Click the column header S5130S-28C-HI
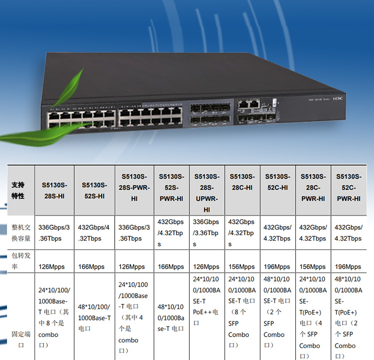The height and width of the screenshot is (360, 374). pos(242,182)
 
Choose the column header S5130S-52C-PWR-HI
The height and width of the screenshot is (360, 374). pos(349,187)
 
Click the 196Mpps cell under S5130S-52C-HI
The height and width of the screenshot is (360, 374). pos(277,267)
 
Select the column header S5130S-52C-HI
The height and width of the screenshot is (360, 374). pos(277,182)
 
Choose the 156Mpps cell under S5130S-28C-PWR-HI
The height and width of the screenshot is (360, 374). pos(312,267)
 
